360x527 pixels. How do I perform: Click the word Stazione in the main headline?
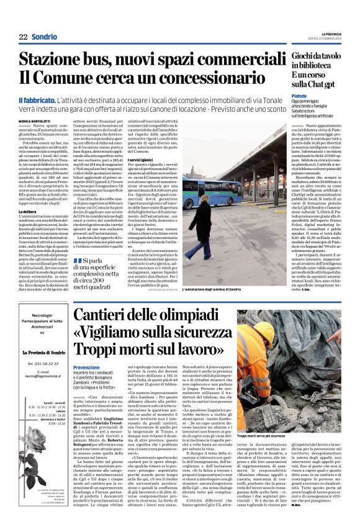click(54, 60)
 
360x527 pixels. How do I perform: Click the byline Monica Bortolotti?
click(35, 119)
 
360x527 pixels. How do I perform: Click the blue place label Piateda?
click(282, 96)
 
